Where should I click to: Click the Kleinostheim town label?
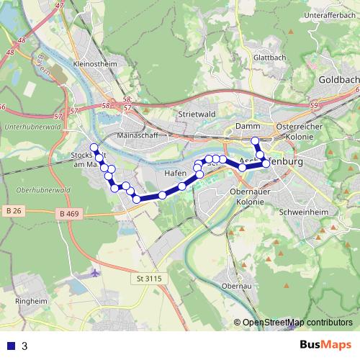[x=95, y=63]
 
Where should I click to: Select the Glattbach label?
[x=269, y=59]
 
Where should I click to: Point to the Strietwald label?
[x=197, y=114]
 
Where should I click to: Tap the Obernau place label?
[x=238, y=286]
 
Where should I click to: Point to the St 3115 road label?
[x=150, y=277]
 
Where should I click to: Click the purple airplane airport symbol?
[x=96, y=272]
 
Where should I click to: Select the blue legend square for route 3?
[x=10, y=346]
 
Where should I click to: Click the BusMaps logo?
[x=325, y=345]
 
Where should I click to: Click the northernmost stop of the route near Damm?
[x=255, y=141]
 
